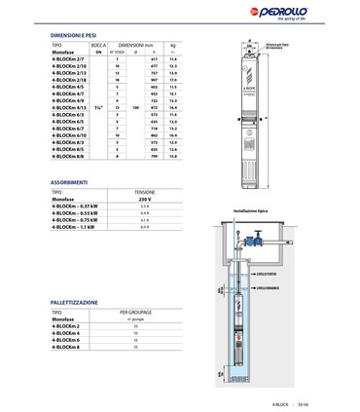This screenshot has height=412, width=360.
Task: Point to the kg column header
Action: (173, 45)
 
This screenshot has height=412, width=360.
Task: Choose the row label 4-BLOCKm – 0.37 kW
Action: (74, 206)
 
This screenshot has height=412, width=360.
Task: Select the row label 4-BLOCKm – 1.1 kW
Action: (73, 227)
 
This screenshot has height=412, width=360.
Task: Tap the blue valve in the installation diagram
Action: (261, 240)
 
